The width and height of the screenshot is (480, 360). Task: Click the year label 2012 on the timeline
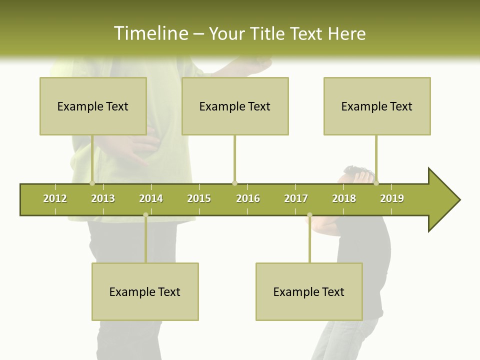click(55, 198)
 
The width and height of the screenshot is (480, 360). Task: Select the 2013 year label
click(103, 198)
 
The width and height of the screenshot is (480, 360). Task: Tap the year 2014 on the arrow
click(151, 198)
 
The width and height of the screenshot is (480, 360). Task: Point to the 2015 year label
click(199, 198)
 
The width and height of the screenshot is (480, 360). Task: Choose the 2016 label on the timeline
click(248, 198)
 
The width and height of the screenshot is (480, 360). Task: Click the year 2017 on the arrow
click(296, 198)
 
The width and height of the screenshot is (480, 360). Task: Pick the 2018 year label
click(344, 198)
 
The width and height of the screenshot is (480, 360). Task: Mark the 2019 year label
click(392, 198)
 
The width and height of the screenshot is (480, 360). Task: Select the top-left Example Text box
click(93, 106)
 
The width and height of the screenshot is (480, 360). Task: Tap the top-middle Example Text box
click(235, 106)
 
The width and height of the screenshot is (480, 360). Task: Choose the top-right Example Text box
click(377, 106)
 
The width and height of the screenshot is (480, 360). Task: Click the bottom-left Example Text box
click(145, 291)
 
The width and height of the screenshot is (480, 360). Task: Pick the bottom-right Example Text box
click(309, 291)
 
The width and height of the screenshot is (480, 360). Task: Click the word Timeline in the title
click(150, 33)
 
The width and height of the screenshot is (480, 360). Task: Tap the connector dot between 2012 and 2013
click(92, 183)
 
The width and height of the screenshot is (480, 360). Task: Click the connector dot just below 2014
click(145, 215)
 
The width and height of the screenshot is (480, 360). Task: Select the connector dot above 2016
click(234, 183)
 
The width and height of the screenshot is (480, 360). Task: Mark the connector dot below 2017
click(309, 215)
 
